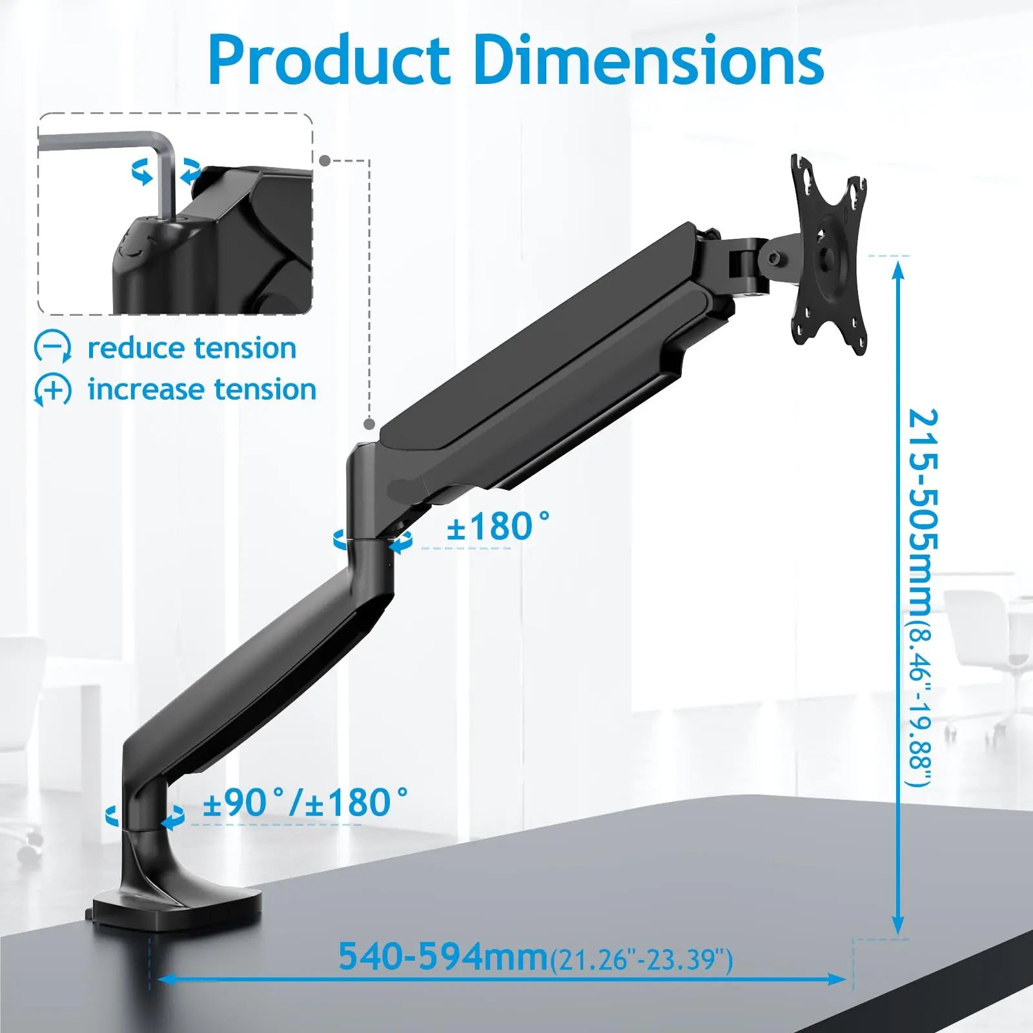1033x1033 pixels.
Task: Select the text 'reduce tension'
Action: [192, 348]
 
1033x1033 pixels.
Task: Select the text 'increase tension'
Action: [202, 389]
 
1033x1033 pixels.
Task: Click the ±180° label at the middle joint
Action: [498, 526]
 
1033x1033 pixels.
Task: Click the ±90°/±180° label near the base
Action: [305, 803]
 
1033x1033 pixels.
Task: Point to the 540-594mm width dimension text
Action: [444, 956]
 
